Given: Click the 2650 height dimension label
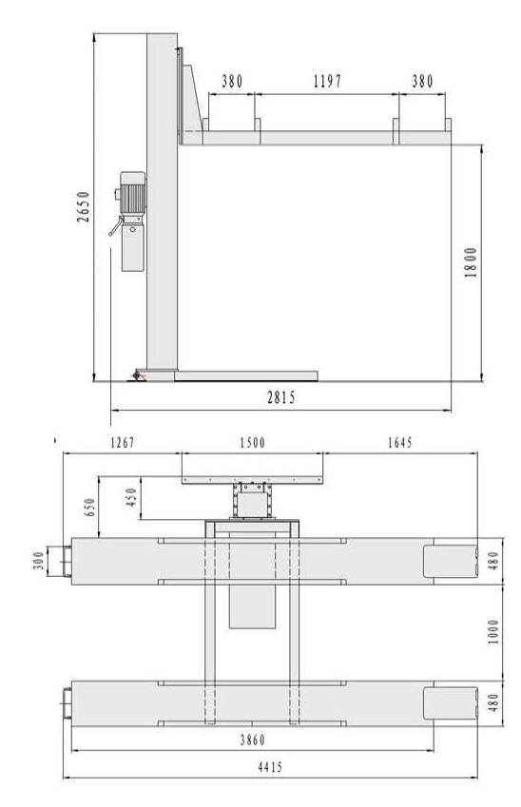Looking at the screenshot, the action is pyautogui.click(x=83, y=207).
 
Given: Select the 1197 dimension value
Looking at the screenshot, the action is pyautogui.click(x=327, y=82).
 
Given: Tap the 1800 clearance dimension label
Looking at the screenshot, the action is pyautogui.click(x=471, y=262).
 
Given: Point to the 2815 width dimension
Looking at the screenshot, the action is pyautogui.click(x=281, y=397).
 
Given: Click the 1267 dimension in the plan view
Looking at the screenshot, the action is pyautogui.click(x=123, y=443).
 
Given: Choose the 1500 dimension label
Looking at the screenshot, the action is pyautogui.click(x=252, y=443).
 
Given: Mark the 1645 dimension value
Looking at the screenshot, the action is pyautogui.click(x=399, y=443).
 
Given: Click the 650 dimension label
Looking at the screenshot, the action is pyautogui.click(x=90, y=508).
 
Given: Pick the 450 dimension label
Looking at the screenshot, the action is pyautogui.click(x=132, y=498).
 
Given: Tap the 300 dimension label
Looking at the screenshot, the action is pyautogui.click(x=39, y=561).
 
